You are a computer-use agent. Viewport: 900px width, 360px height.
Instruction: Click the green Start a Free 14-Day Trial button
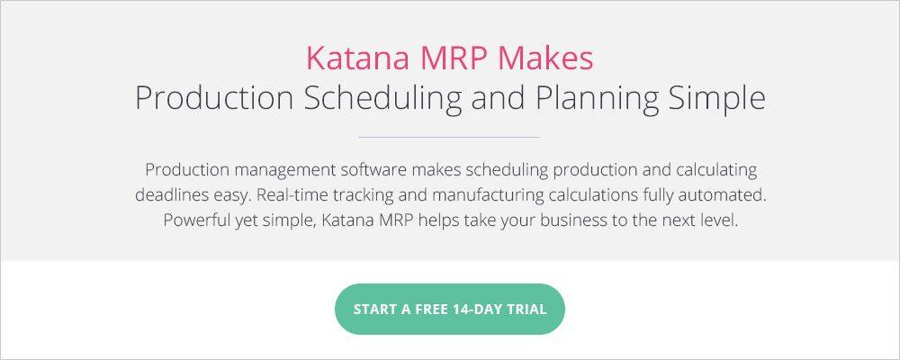[449, 309]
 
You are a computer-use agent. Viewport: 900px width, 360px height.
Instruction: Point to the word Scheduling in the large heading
[382, 99]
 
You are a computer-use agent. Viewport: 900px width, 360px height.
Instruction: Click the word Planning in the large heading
[597, 99]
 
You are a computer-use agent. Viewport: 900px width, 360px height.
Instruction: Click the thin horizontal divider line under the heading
[449, 137]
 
